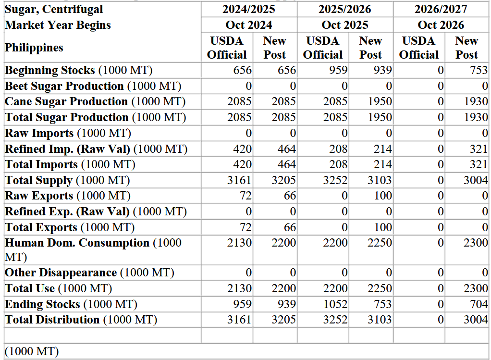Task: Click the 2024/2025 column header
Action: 249,9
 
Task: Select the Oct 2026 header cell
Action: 441,25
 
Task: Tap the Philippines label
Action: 34,48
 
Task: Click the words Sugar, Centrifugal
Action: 54,10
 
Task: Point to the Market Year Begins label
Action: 58,25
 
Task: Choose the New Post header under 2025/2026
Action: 370,48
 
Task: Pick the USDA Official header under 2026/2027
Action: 418,48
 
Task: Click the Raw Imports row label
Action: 68,133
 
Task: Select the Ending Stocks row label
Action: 71,304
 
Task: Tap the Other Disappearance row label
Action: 89,273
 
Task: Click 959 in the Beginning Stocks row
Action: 338,70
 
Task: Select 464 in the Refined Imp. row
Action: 286,149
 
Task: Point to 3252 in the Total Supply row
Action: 335,180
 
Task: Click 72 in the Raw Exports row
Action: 245,196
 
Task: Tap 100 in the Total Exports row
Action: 383,227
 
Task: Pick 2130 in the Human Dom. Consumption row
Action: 239,243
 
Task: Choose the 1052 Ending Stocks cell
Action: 335,304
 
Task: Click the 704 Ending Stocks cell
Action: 479,304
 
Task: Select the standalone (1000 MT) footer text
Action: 32,351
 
